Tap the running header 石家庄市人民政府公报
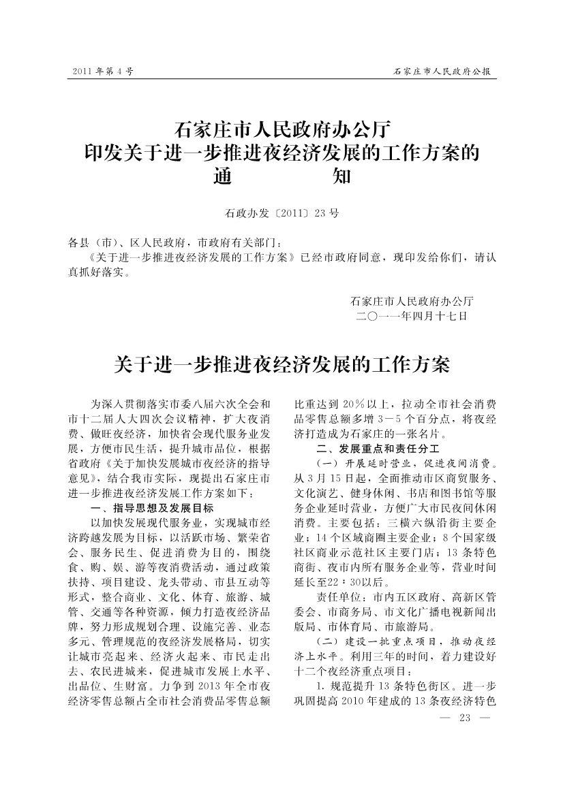pos(442,71)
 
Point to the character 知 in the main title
pos(341,177)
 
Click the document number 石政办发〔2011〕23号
pos(281,213)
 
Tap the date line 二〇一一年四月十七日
pos(412,316)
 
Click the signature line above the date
pos(412,300)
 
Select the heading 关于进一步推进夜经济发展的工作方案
pos(281,364)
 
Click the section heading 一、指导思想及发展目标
pos(152,508)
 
